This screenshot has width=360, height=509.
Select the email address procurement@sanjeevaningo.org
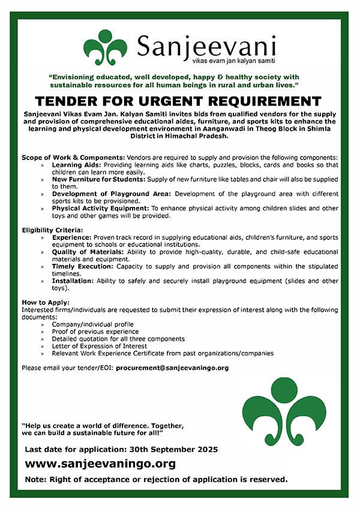tap(172, 368)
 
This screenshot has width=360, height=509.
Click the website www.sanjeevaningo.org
tap(100, 463)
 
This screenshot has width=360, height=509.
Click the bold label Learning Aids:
tap(75, 164)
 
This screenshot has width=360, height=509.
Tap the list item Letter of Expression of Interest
tap(99, 346)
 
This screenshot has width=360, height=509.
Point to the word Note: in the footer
tap(36, 479)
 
